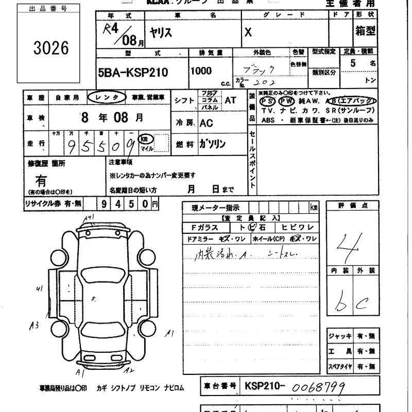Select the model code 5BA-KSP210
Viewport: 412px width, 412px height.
coord(132,73)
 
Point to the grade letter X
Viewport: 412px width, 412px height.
coord(248,32)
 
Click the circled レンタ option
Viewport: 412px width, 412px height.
coord(106,97)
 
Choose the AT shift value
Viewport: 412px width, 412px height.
coord(230,100)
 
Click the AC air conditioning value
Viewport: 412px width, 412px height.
coord(206,123)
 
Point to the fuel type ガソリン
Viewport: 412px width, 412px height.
coord(213,145)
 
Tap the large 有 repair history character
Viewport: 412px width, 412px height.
coord(41,181)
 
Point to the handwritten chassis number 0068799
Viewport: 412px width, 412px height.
coord(318,387)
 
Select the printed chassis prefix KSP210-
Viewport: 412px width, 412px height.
coord(266,386)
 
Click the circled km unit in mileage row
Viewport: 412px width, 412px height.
coord(147,139)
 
